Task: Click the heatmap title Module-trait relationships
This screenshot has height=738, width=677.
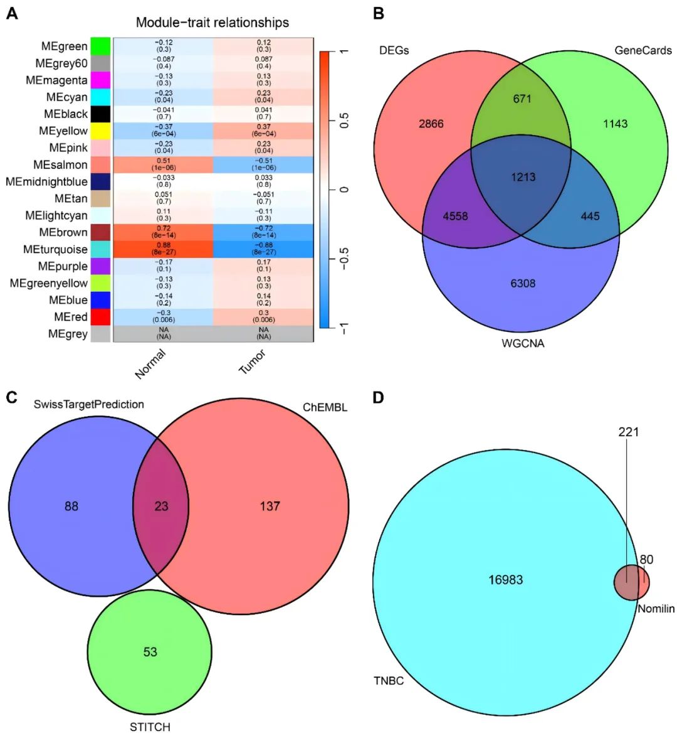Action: [213, 23]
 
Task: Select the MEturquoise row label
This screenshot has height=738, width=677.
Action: [55, 249]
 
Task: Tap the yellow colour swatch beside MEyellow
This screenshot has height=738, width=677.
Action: [100, 131]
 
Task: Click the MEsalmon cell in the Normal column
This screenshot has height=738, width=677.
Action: [163, 165]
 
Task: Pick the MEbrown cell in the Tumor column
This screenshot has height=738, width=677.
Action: [263, 232]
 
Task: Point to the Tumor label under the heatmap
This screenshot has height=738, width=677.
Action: [253, 363]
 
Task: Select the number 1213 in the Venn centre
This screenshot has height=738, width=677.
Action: [522, 176]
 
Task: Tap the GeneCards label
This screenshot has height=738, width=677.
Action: [643, 50]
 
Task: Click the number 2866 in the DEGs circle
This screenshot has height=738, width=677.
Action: [431, 124]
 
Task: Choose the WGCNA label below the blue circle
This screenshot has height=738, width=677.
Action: [523, 343]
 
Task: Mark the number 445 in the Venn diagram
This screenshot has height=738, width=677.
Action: [590, 217]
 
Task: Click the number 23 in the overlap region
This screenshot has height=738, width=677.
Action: [162, 505]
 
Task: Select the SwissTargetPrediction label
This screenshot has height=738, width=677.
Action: [88, 404]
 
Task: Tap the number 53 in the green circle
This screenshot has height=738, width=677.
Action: [150, 652]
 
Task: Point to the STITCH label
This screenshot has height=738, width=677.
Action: [150, 727]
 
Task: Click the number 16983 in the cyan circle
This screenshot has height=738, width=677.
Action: [505, 580]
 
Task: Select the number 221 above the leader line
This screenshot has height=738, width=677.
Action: [628, 432]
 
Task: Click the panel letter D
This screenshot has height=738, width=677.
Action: [378, 398]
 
